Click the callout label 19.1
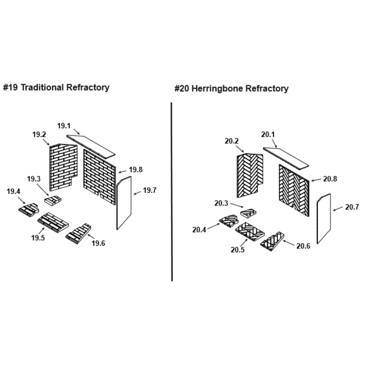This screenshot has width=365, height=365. (x=64, y=126)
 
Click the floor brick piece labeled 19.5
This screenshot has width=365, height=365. (x=53, y=222)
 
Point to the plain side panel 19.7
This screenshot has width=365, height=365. (x=124, y=203)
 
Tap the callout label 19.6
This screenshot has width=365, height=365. (x=98, y=243)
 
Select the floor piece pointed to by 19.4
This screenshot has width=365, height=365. (x=28, y=210)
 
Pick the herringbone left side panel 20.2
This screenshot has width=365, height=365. (x=250, y=174)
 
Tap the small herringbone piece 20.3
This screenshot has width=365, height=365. (x=249, y=212)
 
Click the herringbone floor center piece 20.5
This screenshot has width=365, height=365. (x=250, y=231)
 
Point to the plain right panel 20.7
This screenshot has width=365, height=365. (x=324, y=218)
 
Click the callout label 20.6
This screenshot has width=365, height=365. (x=303, y=246)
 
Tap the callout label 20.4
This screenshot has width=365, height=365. (x=200, y=230)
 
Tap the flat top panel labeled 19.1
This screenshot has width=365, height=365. (x=91, y=146)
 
